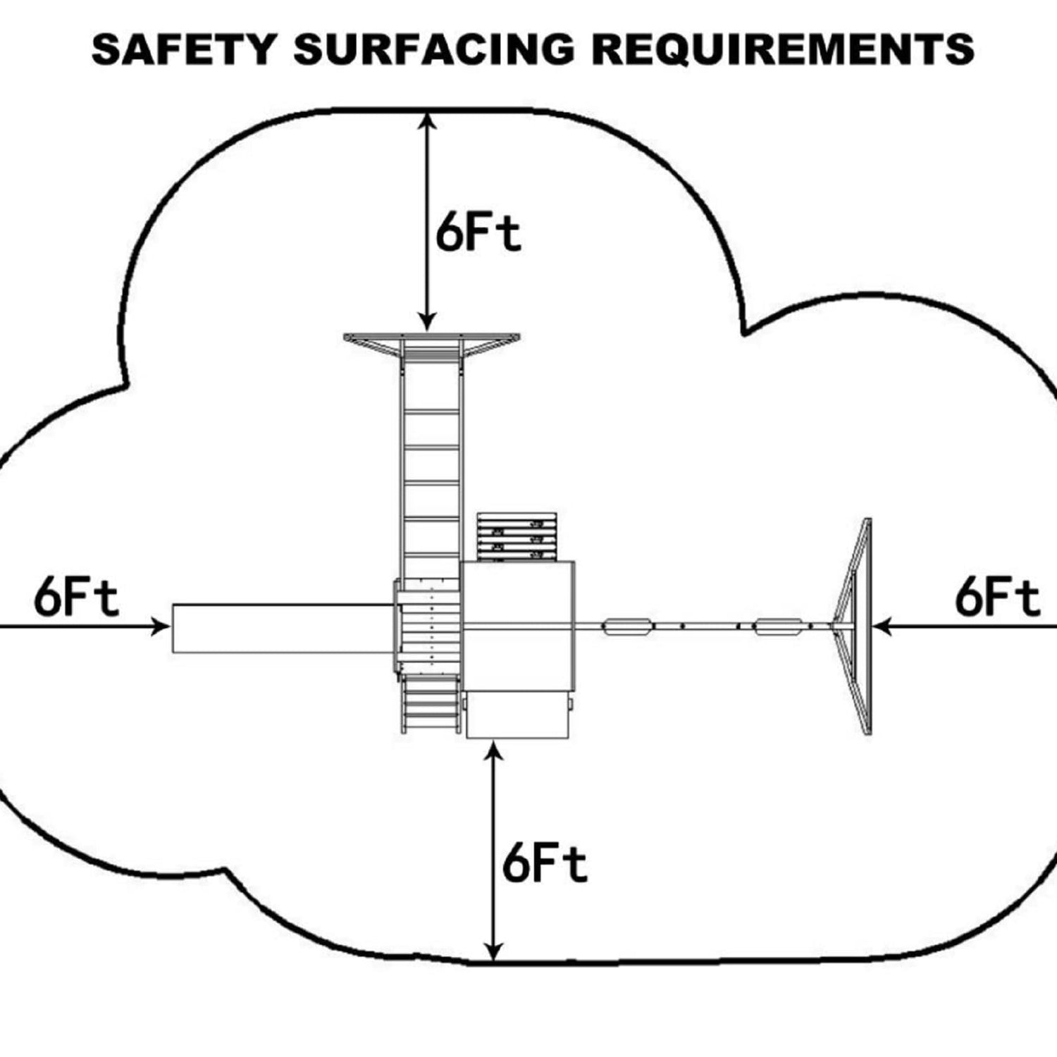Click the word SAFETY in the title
(183, 49)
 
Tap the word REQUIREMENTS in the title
(782, 49)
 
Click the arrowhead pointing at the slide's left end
(162, 626)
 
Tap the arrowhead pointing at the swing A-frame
(881, 626)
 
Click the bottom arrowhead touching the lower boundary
(495, 951)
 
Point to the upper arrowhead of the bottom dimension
(495, 750)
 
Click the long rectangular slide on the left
(282, 628)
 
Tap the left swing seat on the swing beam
(626, 626)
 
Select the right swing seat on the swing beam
(778, 626)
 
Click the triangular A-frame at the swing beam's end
(857, 626)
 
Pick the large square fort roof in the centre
(518, 626)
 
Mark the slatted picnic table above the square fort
(517, 537)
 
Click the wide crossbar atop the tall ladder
(431, 339)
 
